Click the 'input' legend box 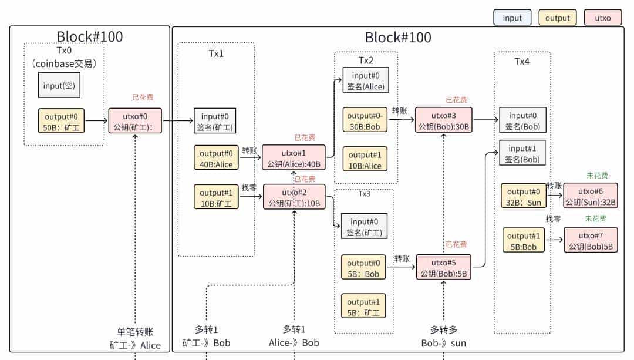[512, 18]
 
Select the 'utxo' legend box [603, 18]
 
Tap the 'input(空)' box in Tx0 [60, 86]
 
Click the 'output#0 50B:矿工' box [62, 120]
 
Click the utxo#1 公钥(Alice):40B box [294, 157]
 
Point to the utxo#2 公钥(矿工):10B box [294, 197]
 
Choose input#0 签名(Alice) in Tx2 [365, 80]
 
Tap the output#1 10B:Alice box [365, 160]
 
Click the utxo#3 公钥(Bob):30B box [443, 120]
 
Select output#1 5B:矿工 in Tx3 [364, 305]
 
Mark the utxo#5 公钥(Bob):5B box [443, 267]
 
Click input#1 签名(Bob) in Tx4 [522, 153]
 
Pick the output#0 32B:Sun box [522, 196]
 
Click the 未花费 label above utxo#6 [596, 176]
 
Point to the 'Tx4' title [522, 62]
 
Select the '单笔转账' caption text [135, 332]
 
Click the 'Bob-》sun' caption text [444, 343]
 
